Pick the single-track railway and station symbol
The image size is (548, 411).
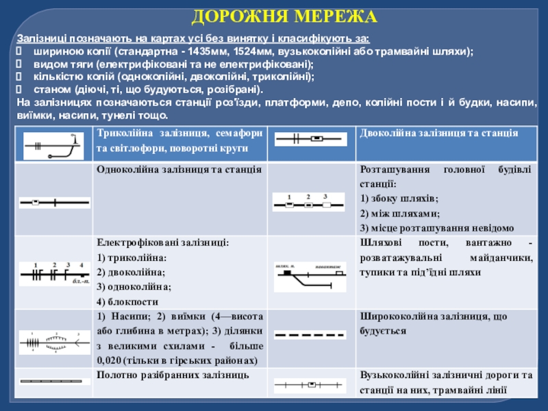tap(53, 203)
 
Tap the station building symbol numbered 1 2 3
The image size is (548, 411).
tap(308, 203)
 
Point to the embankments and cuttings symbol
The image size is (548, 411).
tap(53, 339)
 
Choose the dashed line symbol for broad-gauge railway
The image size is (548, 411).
tap(308, 336)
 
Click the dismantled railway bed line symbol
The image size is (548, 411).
tap(53, 380)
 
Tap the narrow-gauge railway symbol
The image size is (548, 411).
tap(308, 386)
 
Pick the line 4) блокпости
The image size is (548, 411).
tap(128, 301)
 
